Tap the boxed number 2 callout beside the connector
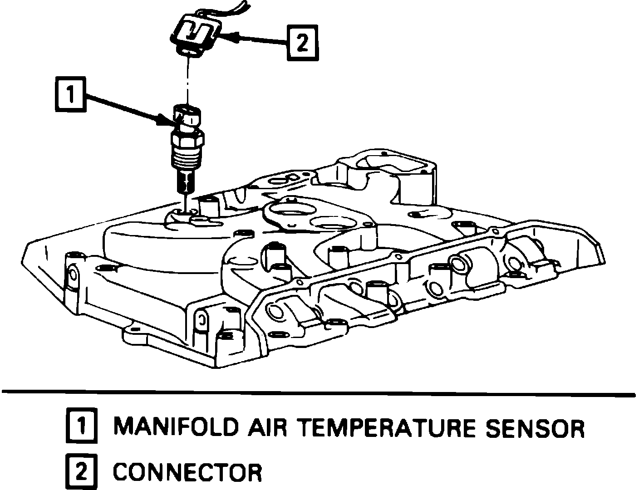pyautogui.click(x=302, y=43)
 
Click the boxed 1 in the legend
pyautogui.click(x=81, y=426)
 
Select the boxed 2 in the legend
pyautogui.click(x=81, y=472)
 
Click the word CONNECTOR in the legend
pyautogui.click(x=187, y=472)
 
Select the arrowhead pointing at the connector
pyautogui.click(x=230, y=39)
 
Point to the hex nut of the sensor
pyautogui.click(x=187, y=136)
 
